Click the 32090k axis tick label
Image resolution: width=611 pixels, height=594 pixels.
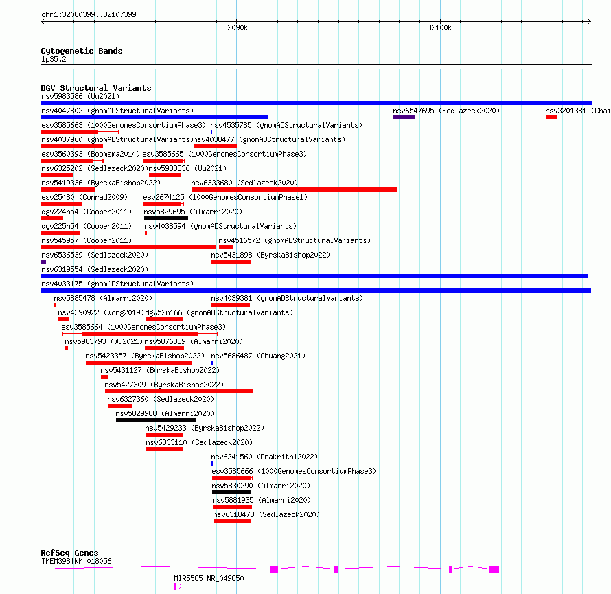coord(235,27)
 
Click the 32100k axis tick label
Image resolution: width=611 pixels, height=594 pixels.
coord(439,27)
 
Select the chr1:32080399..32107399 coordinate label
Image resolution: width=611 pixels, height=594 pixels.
coord(89,14)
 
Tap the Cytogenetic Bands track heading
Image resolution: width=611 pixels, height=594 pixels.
coord(82,51)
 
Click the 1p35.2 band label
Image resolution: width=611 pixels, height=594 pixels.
coord(54,59)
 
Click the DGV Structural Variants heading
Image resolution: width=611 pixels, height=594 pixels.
coord(96,88)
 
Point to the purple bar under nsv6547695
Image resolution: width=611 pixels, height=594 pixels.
coord(404,117)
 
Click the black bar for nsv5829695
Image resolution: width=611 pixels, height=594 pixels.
coord(166,218)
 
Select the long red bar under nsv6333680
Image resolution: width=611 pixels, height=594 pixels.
coord(295,190)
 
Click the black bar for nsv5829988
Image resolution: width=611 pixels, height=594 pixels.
coord(156,420)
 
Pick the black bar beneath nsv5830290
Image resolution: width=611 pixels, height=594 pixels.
coord(231,492)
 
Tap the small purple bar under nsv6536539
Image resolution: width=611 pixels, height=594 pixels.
coord(43,262)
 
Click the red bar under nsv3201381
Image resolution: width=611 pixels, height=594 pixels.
coord(551,117)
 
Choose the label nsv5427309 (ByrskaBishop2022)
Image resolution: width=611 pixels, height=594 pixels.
coord(164,385)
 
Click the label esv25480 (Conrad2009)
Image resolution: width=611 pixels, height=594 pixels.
coord(84,197)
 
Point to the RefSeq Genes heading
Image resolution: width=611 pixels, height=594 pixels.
coord(69,553)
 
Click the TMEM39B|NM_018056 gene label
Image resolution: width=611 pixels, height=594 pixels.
coord(76,561)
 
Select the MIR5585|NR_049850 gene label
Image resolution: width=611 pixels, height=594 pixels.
coord(209,578)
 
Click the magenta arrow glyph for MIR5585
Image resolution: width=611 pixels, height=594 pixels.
coord(178,586)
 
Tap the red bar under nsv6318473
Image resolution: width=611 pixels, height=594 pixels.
coord(232,521)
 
